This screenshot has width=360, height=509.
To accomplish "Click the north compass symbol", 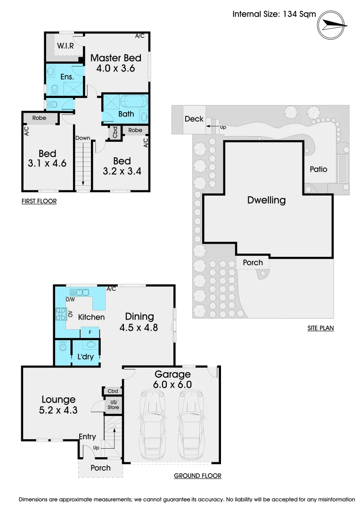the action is [x=331, y=25].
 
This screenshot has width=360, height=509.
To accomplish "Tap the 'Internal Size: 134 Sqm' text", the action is [x=274, y=14].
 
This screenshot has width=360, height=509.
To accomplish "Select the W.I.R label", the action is [x=65, y=46].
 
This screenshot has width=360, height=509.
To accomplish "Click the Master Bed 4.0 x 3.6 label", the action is [x=116, y=63].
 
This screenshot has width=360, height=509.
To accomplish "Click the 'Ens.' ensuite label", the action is [x=67, y=77].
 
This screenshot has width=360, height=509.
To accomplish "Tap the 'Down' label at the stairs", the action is [x=83, y=138].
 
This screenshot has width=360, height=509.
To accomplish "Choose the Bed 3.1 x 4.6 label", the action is [x=48, y=158].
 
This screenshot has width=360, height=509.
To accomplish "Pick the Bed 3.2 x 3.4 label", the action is [x=122, y=166].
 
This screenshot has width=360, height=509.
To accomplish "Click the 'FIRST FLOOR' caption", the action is [x=39, y=201].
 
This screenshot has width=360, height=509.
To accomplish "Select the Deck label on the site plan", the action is [x=194, y=119].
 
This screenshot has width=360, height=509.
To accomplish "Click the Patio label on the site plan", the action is [x=319, y=169].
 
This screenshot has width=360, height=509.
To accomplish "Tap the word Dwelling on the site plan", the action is [x=267, y=200].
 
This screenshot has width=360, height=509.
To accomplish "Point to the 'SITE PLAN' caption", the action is [x=320, y=328].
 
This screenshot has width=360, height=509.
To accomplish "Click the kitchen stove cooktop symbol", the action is [x=61, y=314].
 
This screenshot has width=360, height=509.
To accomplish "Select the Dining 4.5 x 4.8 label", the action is [x=139, y=322].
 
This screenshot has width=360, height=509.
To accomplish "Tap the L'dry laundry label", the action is [x=85, y=356].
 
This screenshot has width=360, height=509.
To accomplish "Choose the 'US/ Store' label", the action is [x=113, y=405].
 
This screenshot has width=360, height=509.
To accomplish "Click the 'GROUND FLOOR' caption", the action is [x=197, y=476].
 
